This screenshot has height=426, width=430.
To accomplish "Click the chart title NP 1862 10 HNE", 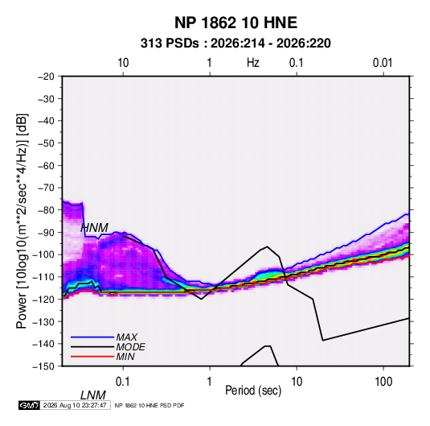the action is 235,23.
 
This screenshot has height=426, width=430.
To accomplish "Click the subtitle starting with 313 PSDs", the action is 235,43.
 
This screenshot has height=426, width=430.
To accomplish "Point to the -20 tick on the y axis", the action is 46,77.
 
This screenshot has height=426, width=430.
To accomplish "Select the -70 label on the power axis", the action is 46,188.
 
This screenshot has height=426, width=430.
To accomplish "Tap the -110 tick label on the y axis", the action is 43,277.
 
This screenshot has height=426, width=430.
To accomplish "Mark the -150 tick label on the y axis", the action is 43,366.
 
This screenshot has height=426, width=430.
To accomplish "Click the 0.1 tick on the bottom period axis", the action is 122,382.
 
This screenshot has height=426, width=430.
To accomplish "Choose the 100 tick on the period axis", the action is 383,382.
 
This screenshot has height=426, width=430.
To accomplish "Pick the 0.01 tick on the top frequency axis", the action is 383,63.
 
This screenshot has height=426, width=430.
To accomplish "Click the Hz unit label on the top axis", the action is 253,63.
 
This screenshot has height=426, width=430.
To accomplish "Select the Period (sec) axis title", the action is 253,391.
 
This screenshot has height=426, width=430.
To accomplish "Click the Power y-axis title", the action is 22,221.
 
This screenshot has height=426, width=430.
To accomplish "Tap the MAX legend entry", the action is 127,337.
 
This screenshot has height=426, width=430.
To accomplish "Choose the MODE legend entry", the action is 130,347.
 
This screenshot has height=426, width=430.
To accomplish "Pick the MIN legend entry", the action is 125,357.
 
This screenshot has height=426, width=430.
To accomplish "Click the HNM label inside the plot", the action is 94,228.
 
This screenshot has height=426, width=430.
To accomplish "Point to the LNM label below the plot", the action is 93,395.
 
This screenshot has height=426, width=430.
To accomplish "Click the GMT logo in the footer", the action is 29,405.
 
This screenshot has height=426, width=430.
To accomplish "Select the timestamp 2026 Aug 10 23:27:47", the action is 75,405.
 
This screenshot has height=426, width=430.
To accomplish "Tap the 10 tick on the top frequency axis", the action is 123,63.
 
